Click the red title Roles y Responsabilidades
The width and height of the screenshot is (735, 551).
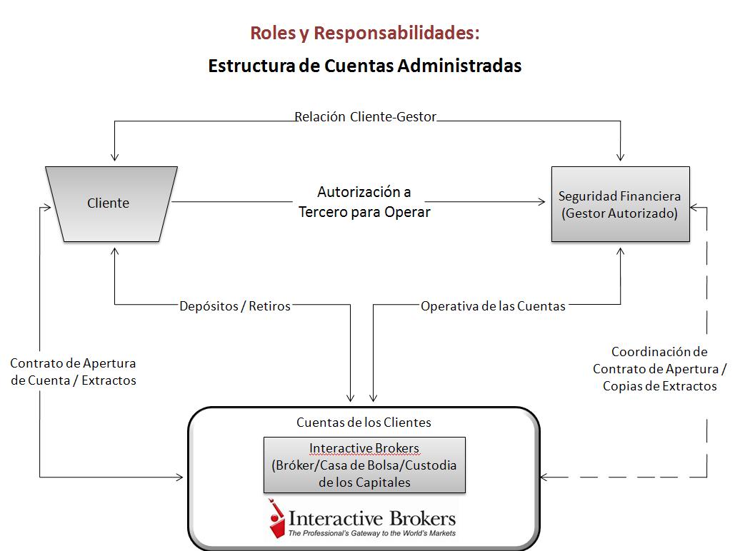pos(365,34)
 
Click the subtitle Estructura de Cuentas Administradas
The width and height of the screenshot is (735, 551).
pos(365,66)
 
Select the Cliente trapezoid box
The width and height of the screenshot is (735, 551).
pos(111,204)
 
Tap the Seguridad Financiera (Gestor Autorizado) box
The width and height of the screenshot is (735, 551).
pos(620,204)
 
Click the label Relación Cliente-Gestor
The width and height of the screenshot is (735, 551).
pos(365,116)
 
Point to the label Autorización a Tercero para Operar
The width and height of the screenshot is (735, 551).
pos(364,202)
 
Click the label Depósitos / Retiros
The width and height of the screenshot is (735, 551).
pos(235,306)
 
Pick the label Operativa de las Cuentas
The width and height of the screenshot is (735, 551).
pos(493,306)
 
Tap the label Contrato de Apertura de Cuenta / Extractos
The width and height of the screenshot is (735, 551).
pos(73,372)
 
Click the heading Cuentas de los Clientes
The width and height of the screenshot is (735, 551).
pos(364,422)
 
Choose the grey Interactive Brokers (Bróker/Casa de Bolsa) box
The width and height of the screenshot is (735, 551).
pos(364,465)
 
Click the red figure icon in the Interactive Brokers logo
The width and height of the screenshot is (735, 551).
pos(276,519)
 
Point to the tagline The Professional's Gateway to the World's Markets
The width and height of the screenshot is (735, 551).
pos(371,533)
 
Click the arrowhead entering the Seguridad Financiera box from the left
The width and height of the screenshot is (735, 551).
pos(542,201)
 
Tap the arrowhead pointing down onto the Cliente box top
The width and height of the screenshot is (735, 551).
pos(114,157)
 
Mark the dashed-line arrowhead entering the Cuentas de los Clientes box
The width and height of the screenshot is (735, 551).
pos(544,477)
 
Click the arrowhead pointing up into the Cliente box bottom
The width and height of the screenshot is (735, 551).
pos(114,252)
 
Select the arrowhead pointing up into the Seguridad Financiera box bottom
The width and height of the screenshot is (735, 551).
pos(620,252)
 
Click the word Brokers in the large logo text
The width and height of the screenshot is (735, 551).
pos(422,519)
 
